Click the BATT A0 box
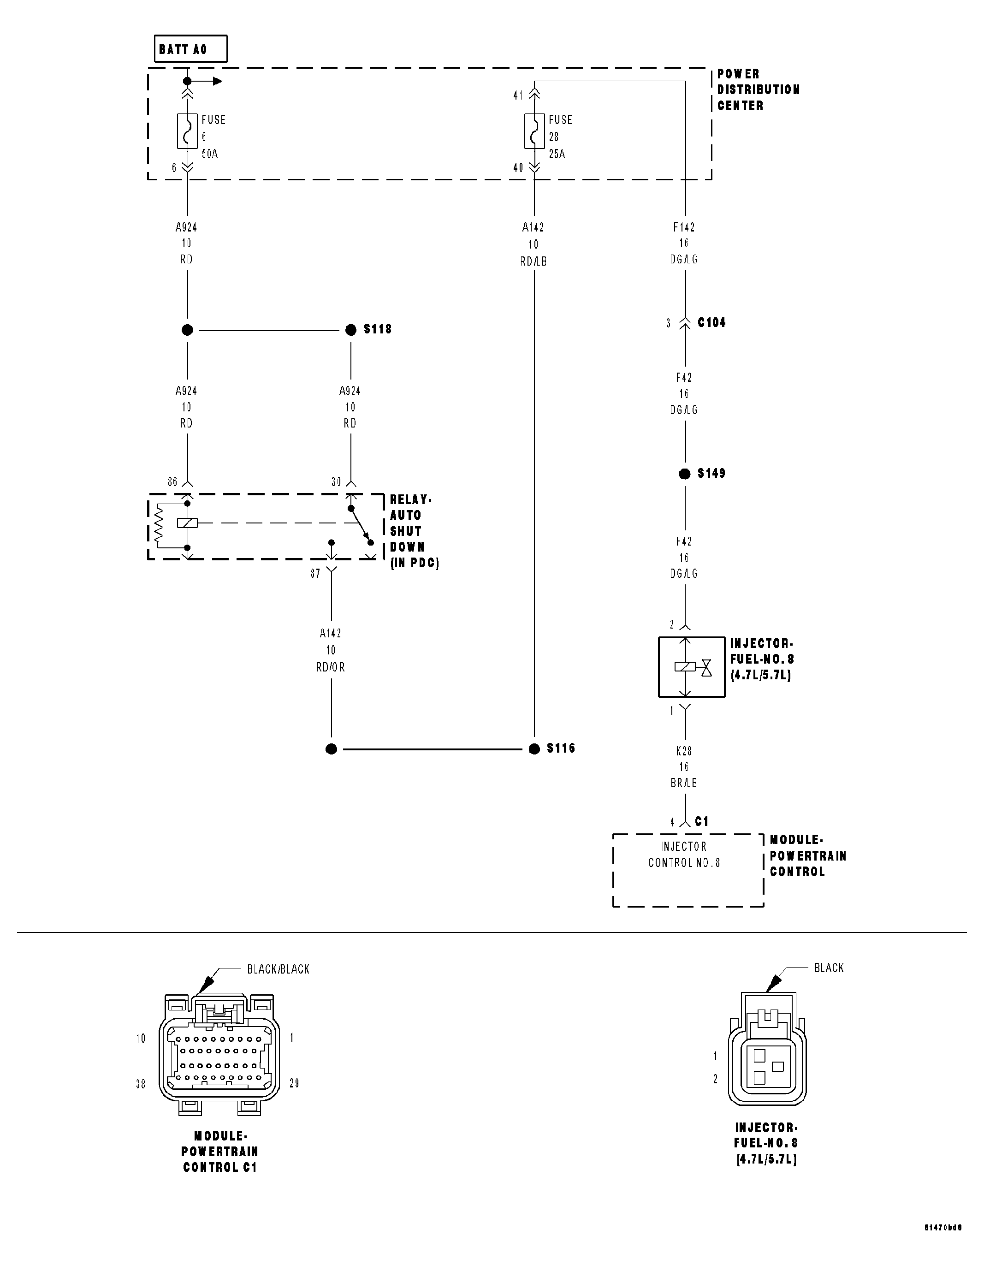(x=190, y=49)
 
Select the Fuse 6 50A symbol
(x=187, y=131)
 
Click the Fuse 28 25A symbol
(x=534, y=131)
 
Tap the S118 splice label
(x=378, y=329)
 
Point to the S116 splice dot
(x=534, y=749)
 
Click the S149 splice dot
(x=685, y=474)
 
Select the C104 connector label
(x=711, y=323)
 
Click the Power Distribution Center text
(x=758, y=90)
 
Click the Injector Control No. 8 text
(x=684, y=855)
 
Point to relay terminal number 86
(x=172, y=482)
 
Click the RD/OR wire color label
(x=330, y=667)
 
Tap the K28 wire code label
(x=684, y=751)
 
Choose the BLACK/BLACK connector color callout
(x=278, y=969)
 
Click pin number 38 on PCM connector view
(x=140, y=1084)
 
